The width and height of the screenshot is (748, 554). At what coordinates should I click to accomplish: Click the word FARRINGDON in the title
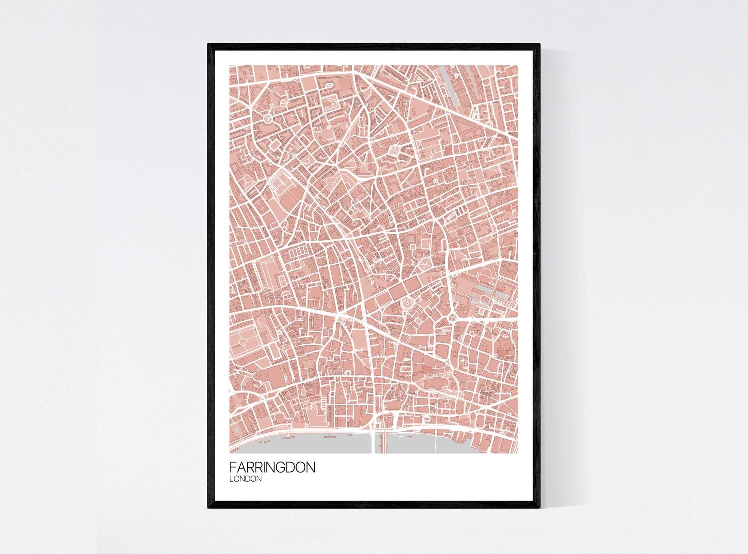pyautogui.click(x=272, y=468)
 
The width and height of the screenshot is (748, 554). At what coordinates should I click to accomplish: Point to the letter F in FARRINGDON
pyautogui.click(x=233, y=468)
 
